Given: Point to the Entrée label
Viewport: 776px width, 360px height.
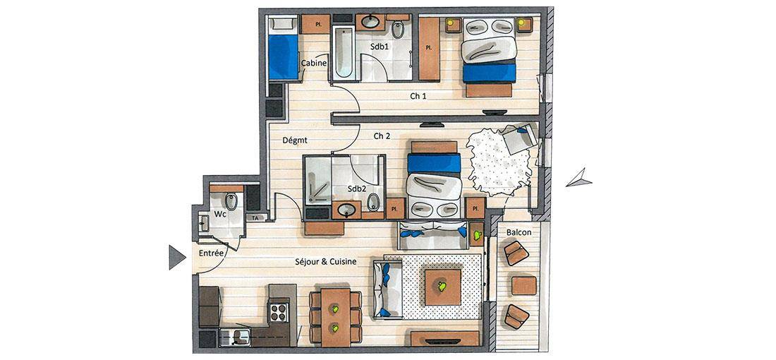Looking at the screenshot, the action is [x=212, y=253].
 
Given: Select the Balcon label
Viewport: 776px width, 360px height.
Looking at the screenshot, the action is [x=519, y=232].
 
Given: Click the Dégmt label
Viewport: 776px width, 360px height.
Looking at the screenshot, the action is [x=295, y=140].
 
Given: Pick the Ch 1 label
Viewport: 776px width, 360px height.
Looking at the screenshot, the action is [x=418, y=96].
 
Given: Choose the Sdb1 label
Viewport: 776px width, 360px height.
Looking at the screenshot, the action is [x=379, y=46].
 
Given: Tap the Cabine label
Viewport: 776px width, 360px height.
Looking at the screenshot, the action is [x=314, y=64].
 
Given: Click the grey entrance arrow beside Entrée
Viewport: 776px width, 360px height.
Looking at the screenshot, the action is [x=176, y=258].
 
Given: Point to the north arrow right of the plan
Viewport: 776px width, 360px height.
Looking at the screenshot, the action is [x=579, y=179].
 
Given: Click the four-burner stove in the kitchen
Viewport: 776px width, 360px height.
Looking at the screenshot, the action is [x=278, y=312].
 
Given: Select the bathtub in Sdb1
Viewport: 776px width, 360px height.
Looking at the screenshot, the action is [x=342, y=54].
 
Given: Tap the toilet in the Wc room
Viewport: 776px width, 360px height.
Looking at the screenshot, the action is [x=231, y=201].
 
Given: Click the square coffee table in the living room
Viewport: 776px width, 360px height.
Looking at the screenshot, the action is [x=443, y=287].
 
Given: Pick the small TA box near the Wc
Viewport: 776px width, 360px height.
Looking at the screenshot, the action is [x=255, y=217].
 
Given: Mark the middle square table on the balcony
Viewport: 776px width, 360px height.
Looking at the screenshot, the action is [x=523, y=286].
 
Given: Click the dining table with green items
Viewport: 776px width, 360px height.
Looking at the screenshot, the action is [x=336, y=317].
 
